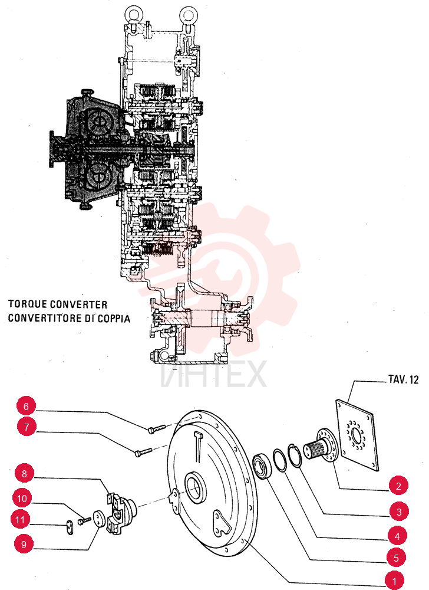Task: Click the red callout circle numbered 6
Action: coord(26,407)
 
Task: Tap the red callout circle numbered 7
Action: coord(27,427)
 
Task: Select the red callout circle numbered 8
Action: coord(24,473)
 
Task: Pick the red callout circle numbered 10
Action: coord(22,499)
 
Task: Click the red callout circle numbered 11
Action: coord(20,520)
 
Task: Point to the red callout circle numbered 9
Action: coord(24,545)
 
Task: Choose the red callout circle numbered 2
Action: coord(398,486)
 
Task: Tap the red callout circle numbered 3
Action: coord(399,512)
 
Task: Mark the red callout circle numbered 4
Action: coord(397,536)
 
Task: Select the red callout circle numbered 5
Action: coord(396,558)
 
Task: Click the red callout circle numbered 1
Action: coord(394,581)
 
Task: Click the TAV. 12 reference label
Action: coord(403,379)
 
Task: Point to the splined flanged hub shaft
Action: coord(323,446)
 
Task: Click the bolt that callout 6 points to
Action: coord(157,429)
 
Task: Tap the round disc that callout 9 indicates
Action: coord(98,518)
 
